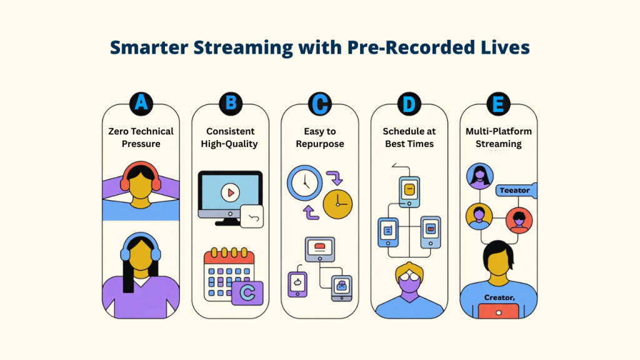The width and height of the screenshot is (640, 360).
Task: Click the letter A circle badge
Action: (x=141, y=104)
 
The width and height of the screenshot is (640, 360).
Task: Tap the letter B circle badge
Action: (x=230, y=104)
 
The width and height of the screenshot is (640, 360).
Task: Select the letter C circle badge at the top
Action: (x=319, y=104)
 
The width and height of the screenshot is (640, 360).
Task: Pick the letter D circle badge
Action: (x=409, y=104)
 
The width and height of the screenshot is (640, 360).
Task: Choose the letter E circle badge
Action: (x=499, y=104)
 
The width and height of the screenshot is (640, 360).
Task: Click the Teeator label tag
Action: (x=514, y=190)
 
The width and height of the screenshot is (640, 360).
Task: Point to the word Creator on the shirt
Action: (x=499, y=298)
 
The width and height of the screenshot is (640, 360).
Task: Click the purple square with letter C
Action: (x=247, y=292)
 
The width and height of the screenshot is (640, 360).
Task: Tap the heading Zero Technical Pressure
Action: (x=141, y=137)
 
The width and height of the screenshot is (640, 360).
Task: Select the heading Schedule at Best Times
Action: (x=409, y=137)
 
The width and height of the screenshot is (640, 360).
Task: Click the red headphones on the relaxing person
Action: (x=141, y=176)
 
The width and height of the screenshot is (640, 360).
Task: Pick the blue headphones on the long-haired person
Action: (x=141, y=244)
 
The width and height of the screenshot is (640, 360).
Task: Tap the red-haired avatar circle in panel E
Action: (x=518, y=219)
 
